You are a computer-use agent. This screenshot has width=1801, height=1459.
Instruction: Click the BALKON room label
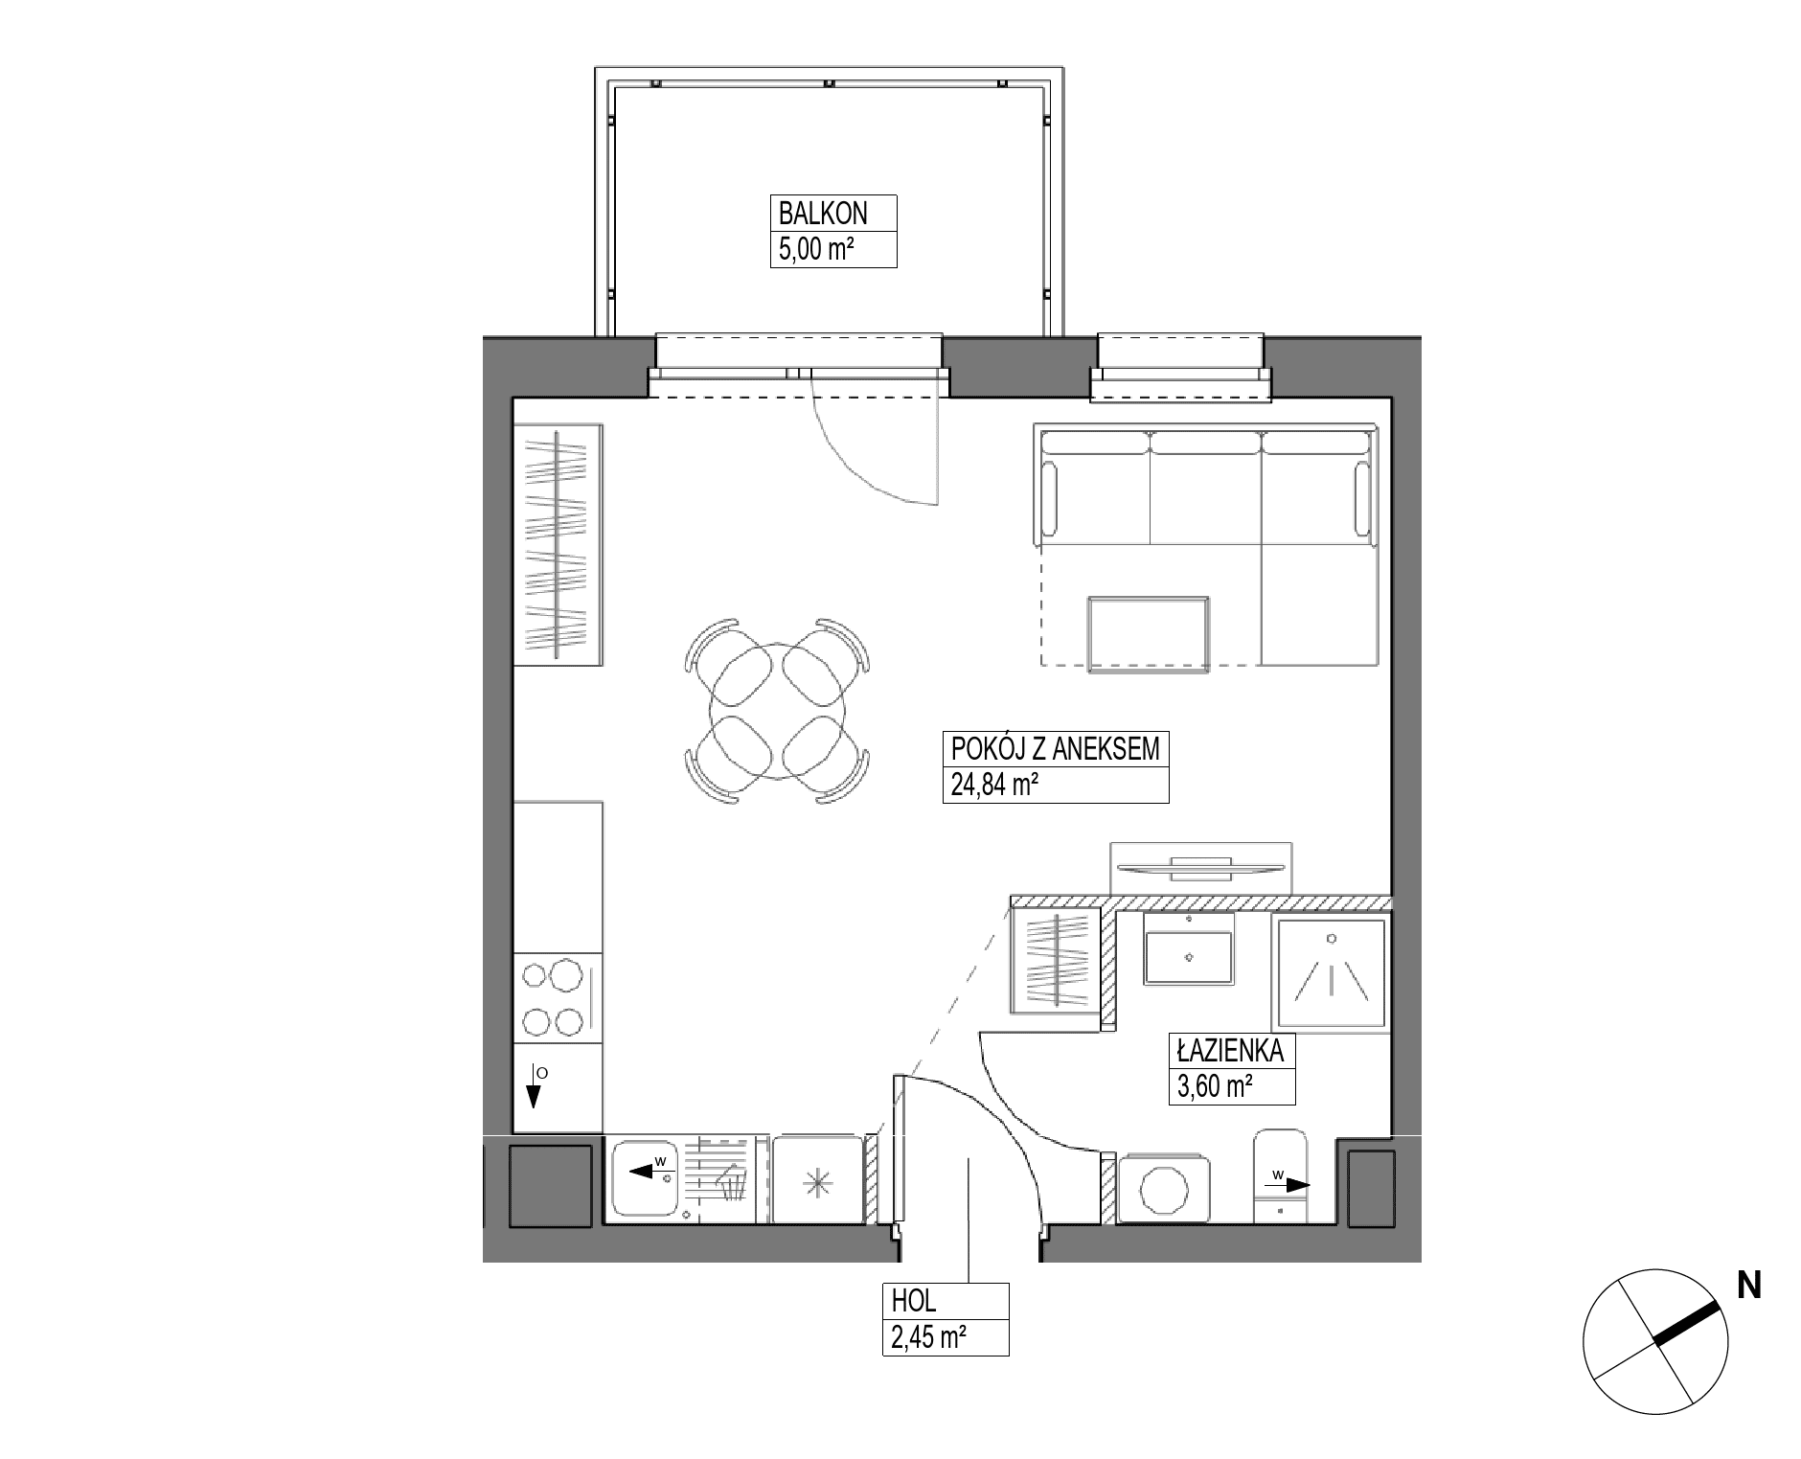[x=823, y=213]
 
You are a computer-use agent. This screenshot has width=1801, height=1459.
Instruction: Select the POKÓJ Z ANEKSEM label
[x=1055, y=748]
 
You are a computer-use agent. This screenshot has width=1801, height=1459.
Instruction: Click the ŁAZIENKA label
[x=1230, y=1051]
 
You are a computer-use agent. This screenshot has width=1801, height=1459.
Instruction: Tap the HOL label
[x=914, y=1301]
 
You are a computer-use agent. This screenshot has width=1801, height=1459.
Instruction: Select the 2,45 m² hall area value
[x=927, y=1337]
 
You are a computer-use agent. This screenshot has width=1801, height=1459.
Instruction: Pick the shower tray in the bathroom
[x=1331, y=973]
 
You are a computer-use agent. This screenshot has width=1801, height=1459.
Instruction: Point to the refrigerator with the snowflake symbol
[x=817, y=1180]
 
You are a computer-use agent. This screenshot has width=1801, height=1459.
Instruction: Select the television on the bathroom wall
[x=1199, y=868]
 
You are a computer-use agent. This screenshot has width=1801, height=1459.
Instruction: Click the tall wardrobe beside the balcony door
[x=559, y=544]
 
